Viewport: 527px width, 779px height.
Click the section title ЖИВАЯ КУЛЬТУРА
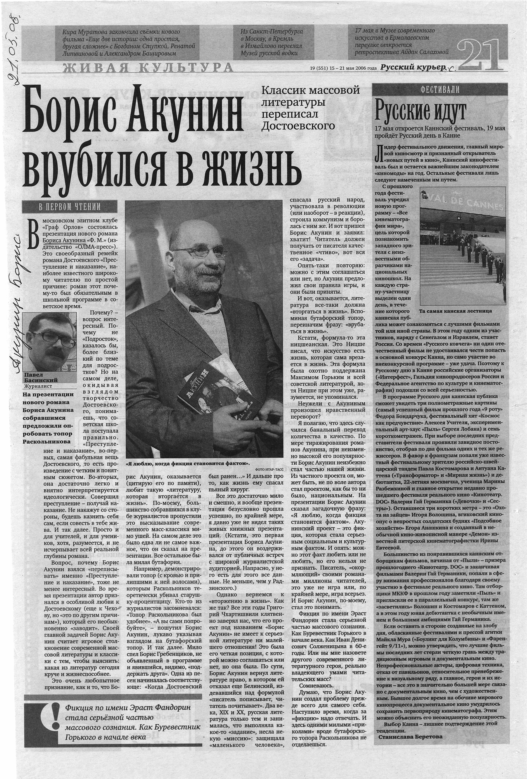point(148,67)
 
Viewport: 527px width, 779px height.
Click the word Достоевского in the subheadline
point(298,126)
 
